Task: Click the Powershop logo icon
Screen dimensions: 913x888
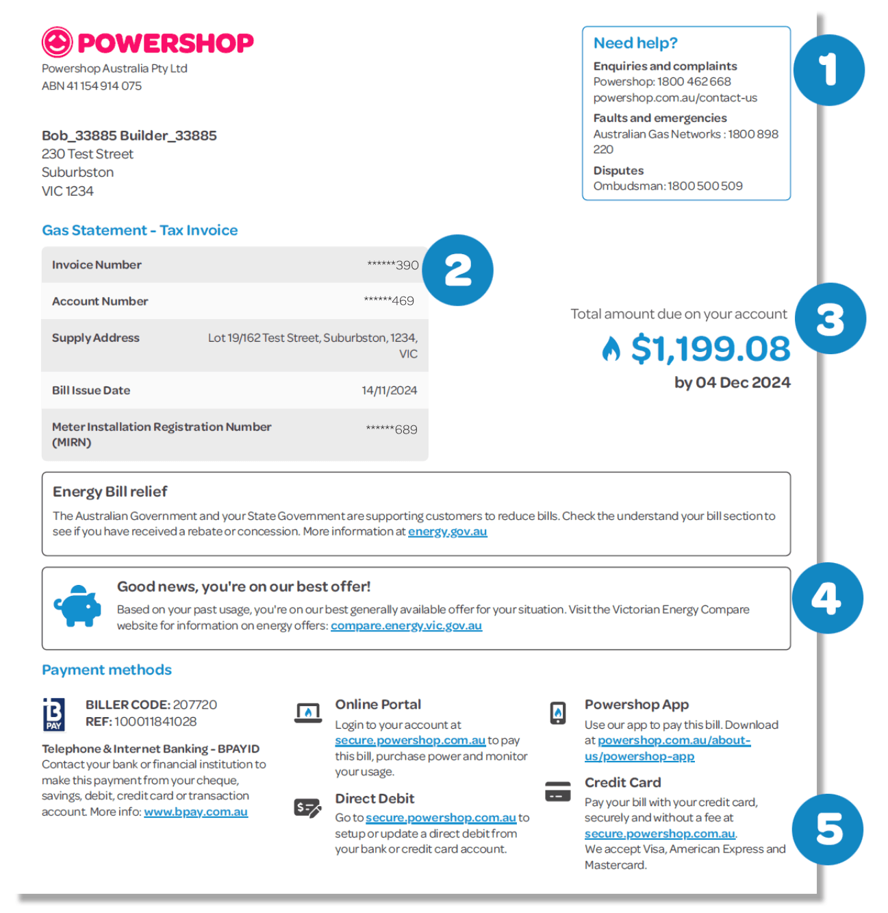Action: click(x=57, y=42)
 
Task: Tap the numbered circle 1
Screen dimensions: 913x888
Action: click(x=828, y=71)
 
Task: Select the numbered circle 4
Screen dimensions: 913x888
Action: click(x=827, y=598)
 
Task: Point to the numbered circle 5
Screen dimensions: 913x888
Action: click(x=828, y=829)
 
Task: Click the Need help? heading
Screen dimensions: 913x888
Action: click(x=635, y=43)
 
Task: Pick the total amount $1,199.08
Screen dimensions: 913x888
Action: click(x=710, y=349)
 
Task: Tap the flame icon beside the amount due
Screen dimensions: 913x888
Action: click(x=611, y=349)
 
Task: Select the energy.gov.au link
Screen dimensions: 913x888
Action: click(x=447, y=531)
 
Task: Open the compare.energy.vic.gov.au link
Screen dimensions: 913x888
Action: click(x=406, y=625)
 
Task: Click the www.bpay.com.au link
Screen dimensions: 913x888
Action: click(x=196, y=812)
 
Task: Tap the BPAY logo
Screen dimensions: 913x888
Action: click(x=54, y=714)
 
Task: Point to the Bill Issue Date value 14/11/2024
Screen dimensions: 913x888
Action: click(x=389, y=390)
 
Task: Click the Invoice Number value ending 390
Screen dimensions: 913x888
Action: click(x=393, y=265)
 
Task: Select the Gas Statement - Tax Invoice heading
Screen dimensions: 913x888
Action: click(x=140, y=230)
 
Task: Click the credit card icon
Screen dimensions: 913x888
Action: click(x=558, y=791)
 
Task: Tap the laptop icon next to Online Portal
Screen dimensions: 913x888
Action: click(x=308, y=713)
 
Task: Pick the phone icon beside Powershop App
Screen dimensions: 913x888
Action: click(x=558, y=712)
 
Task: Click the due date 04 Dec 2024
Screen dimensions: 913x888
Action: click(x=743, y=383)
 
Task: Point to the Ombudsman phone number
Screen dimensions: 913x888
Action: click(x=705, y=186)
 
